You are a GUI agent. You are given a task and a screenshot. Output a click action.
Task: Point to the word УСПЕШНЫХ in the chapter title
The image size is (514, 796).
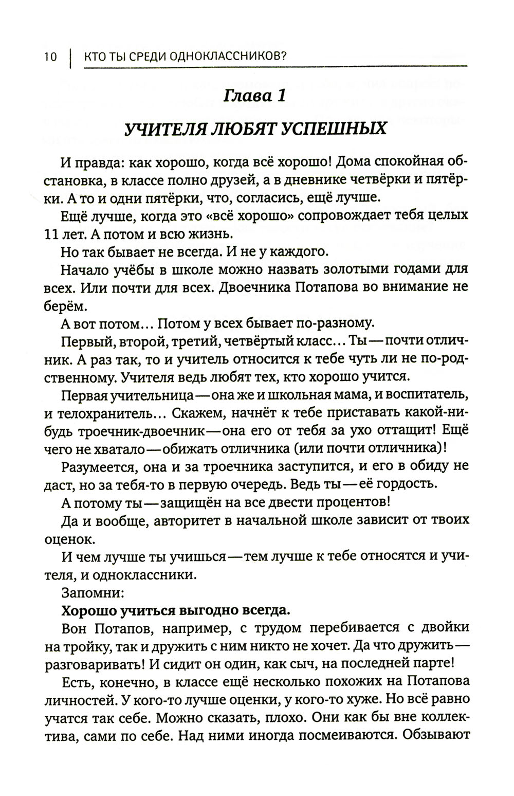tap(337, 128)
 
